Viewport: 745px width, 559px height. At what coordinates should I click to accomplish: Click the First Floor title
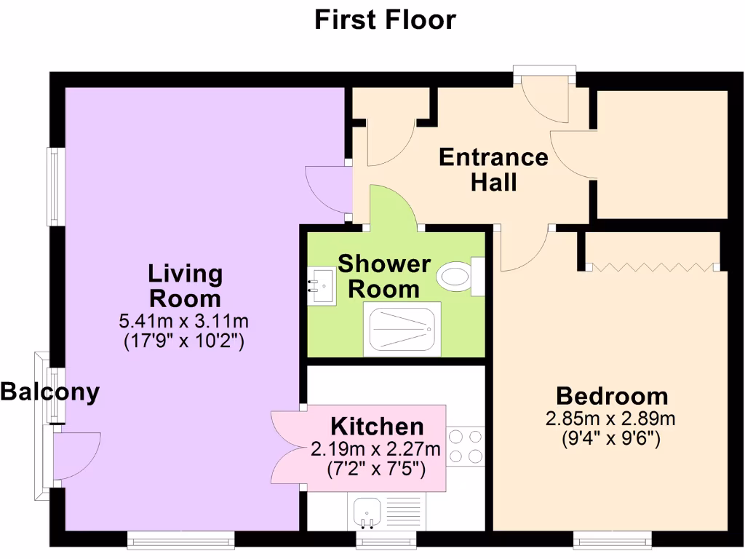[x=385, y=20]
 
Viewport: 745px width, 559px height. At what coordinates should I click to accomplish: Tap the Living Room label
[x=185, y=286]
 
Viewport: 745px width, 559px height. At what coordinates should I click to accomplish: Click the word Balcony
[x=49, y=392]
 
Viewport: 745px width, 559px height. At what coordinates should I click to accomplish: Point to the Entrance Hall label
[x=493, y=169]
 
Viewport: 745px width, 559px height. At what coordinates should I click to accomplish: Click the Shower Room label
[x=384, y=276]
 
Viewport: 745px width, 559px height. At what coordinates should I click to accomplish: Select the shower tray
[x=402, y=329]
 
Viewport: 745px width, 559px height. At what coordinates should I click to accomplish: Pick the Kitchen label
[x=377, y=426]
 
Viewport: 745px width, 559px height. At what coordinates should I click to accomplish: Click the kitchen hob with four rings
[x=465, y=446]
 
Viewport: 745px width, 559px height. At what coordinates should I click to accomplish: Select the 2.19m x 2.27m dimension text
[x=375, y=448]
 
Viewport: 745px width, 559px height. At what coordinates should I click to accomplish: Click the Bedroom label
[x=612, y=396]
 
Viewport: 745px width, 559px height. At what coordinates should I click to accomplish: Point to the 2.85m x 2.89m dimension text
[x=611, y=419]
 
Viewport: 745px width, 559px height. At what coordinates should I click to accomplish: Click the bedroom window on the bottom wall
[x=612, y=539]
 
